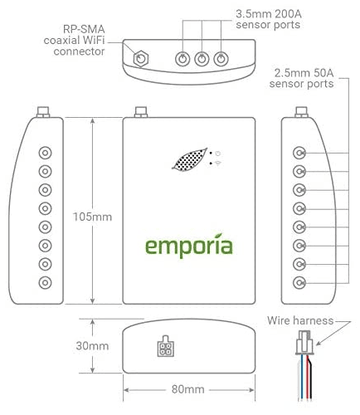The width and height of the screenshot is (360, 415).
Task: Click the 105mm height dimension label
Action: point(92,217)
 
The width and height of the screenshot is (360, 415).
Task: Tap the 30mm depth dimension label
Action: point(92,346)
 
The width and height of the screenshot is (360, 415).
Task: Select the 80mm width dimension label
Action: point(187,389)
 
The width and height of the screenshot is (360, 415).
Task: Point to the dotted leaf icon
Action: point(189,159)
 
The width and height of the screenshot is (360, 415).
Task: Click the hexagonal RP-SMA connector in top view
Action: point(141,58)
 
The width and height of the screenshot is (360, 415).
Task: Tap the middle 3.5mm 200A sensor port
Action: point(202,59)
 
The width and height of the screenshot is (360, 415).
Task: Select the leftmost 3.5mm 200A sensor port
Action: point(182,59)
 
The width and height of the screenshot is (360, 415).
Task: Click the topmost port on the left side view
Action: point(45,153)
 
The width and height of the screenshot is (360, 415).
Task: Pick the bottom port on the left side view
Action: point(45,283)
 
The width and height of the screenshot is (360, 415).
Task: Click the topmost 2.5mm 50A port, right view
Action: point(299,153)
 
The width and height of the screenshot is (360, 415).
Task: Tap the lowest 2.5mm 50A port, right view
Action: point(299,283)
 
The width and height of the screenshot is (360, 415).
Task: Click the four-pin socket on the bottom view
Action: point(165,346)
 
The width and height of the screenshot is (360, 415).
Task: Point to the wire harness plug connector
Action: point(304,343)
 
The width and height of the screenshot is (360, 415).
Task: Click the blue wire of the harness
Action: point(302,377)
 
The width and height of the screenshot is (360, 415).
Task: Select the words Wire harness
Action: point(300,320)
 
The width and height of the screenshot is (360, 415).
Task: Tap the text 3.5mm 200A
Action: point(269,14)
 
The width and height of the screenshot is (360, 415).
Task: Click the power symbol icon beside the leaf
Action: point(218,154)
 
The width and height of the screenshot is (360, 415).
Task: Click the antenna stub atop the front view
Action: point(141,112)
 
